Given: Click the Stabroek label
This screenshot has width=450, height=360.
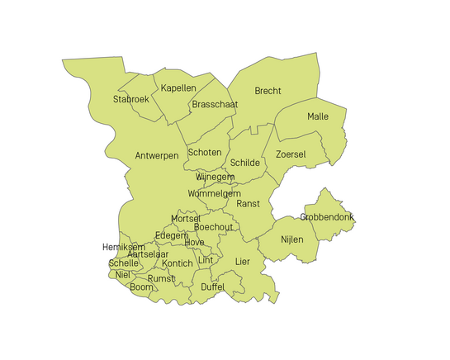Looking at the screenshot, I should [130, 100].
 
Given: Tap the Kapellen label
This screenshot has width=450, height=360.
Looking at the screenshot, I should [178, 88].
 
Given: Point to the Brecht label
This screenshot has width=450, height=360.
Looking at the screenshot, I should [268, 91].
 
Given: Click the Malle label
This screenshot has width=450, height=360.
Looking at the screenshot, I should [318, 116].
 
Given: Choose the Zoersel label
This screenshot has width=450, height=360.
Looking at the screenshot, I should [291, 154].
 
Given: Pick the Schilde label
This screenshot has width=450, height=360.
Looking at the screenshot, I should [245, 163].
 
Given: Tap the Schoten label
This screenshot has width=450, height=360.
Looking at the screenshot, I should [205, 153].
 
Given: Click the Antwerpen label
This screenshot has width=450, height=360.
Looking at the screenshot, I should [156, 156].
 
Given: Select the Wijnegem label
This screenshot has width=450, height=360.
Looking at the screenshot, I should [215, 178].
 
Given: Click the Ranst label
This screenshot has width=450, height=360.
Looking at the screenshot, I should [248, 203].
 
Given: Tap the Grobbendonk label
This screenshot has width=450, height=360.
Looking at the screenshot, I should [327, 217].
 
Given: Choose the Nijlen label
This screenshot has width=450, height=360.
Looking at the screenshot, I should [292, 239].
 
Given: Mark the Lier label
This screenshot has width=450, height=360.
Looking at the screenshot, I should [242, 261].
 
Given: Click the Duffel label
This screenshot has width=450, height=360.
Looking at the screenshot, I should [213, 287].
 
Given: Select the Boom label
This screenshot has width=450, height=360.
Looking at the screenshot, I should [142, 287].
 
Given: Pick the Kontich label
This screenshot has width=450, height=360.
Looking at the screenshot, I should [178, 263].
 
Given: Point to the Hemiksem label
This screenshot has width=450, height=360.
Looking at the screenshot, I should [124, 247].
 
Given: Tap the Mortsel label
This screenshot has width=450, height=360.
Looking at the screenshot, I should [186, 218].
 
